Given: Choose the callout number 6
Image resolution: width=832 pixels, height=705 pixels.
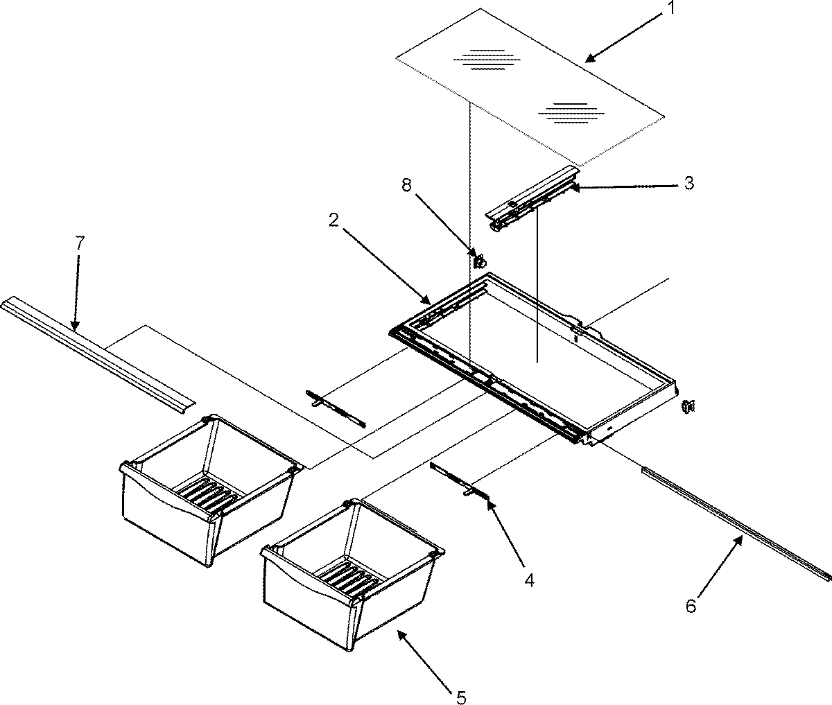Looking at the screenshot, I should point(691,606).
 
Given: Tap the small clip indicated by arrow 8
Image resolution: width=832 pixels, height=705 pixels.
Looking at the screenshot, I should point(478,261).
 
